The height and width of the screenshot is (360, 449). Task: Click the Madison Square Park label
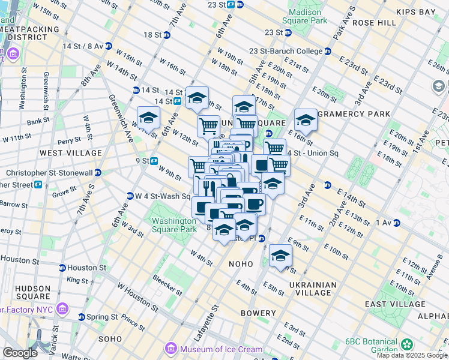click(308, 16)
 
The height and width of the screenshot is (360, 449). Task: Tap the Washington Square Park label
click(173, 225)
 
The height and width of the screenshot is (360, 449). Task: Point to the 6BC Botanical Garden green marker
click(408, 344)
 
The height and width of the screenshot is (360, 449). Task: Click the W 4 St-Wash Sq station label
click(158, 196)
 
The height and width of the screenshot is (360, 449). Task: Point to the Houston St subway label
click(88, 268)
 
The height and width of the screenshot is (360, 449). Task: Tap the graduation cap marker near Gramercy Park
click(305, 120)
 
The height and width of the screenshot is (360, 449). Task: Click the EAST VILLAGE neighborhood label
click(408, 304)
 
